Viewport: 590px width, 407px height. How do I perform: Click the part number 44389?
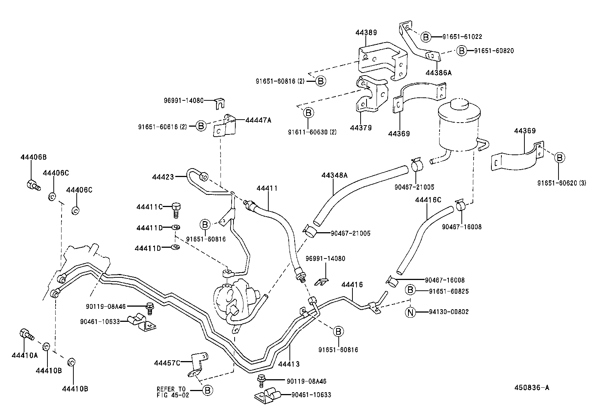[366, 33]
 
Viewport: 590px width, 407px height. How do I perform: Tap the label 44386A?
[439, 73]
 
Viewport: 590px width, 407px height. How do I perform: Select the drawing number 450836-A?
[531, 388]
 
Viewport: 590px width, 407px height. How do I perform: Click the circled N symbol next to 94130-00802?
[410, 312]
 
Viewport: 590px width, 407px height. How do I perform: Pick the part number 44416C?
[428, 200]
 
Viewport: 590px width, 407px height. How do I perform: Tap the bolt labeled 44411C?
[176, 210]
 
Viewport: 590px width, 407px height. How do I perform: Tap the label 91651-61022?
[462, 37]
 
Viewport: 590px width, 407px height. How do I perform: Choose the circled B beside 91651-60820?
[461, 51]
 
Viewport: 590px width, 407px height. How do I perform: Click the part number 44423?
[163, 177]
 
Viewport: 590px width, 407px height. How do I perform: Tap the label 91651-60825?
[449, 291]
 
